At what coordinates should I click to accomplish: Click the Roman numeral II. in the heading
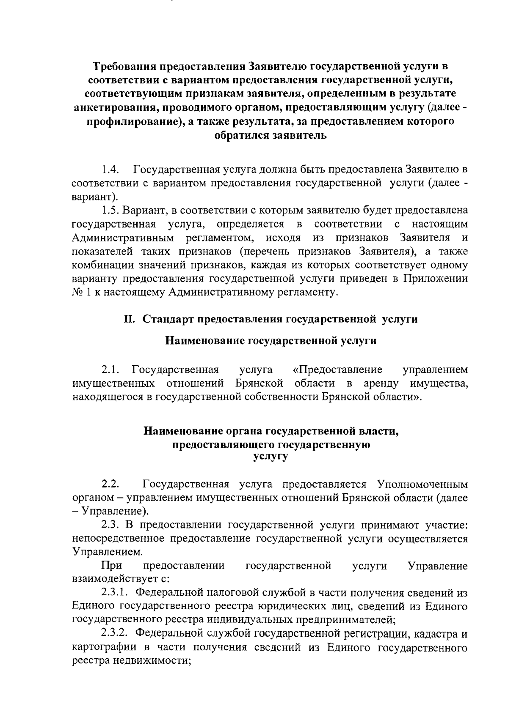tap(129, 319)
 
